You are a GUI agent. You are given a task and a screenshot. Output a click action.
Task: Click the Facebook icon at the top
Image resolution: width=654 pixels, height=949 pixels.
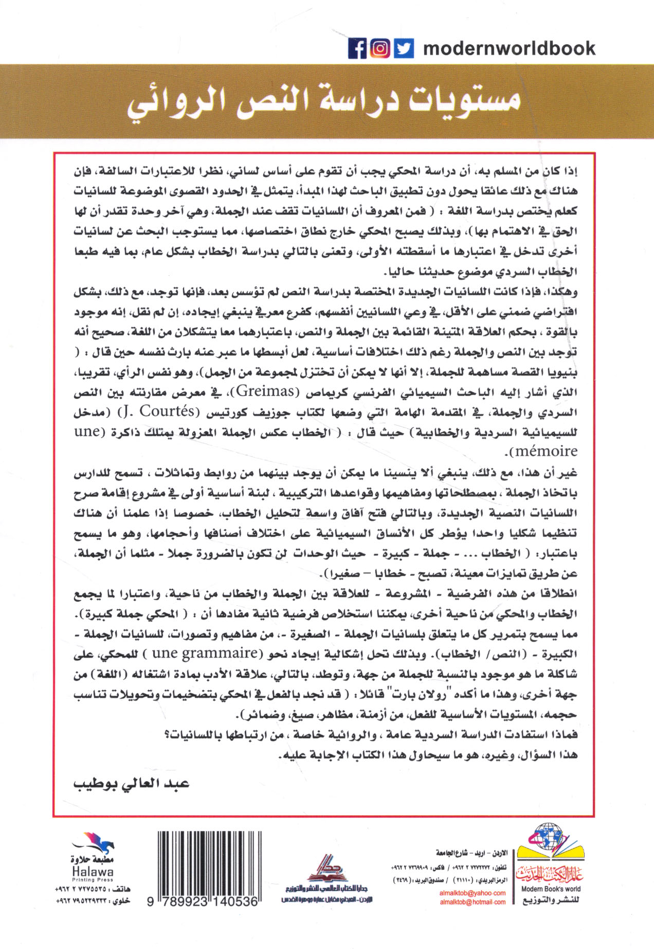357,49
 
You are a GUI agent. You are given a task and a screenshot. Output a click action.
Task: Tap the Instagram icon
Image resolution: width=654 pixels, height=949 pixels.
380,49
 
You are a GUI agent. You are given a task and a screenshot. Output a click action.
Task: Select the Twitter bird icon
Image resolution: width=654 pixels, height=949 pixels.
404,49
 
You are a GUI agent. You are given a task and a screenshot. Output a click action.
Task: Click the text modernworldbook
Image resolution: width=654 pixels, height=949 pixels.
508,49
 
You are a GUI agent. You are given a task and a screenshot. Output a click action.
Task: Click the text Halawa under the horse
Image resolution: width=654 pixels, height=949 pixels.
93,872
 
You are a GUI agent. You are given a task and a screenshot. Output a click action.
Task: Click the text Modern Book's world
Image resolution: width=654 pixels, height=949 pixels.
551,889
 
